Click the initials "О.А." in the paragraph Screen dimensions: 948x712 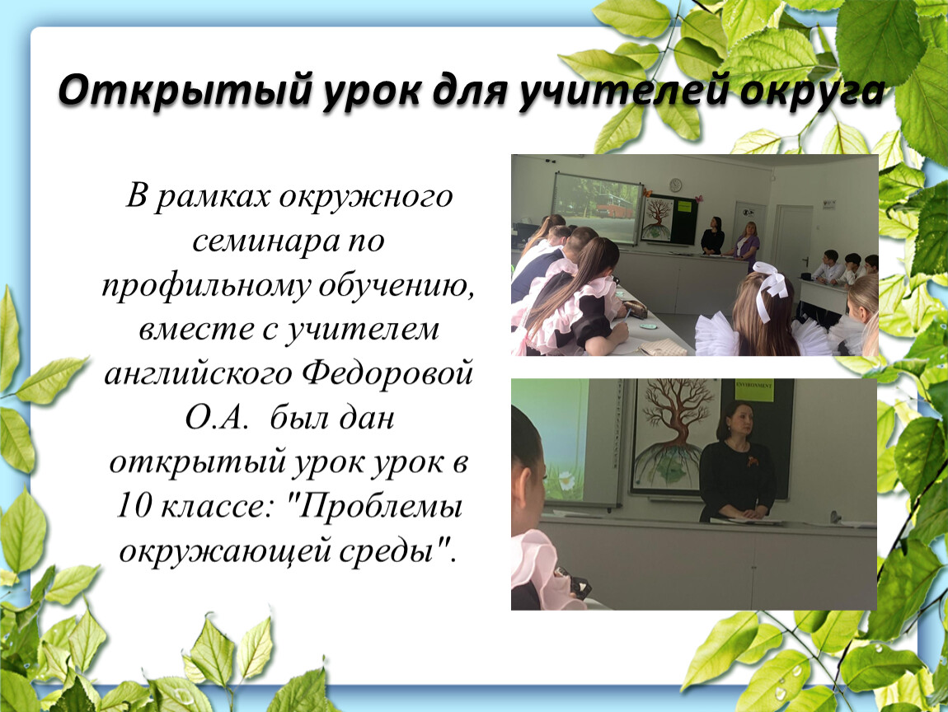217,418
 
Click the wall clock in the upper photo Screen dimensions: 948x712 675,185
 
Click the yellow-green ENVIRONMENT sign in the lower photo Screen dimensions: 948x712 754,391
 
